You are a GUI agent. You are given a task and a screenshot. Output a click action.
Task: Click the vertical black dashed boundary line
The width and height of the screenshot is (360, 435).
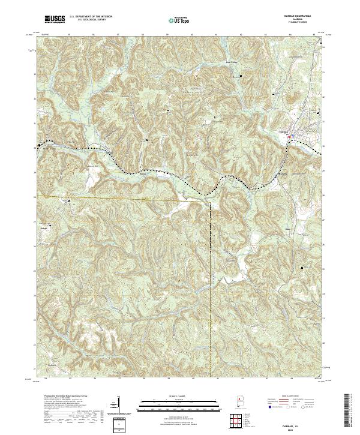pos(211,270)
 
